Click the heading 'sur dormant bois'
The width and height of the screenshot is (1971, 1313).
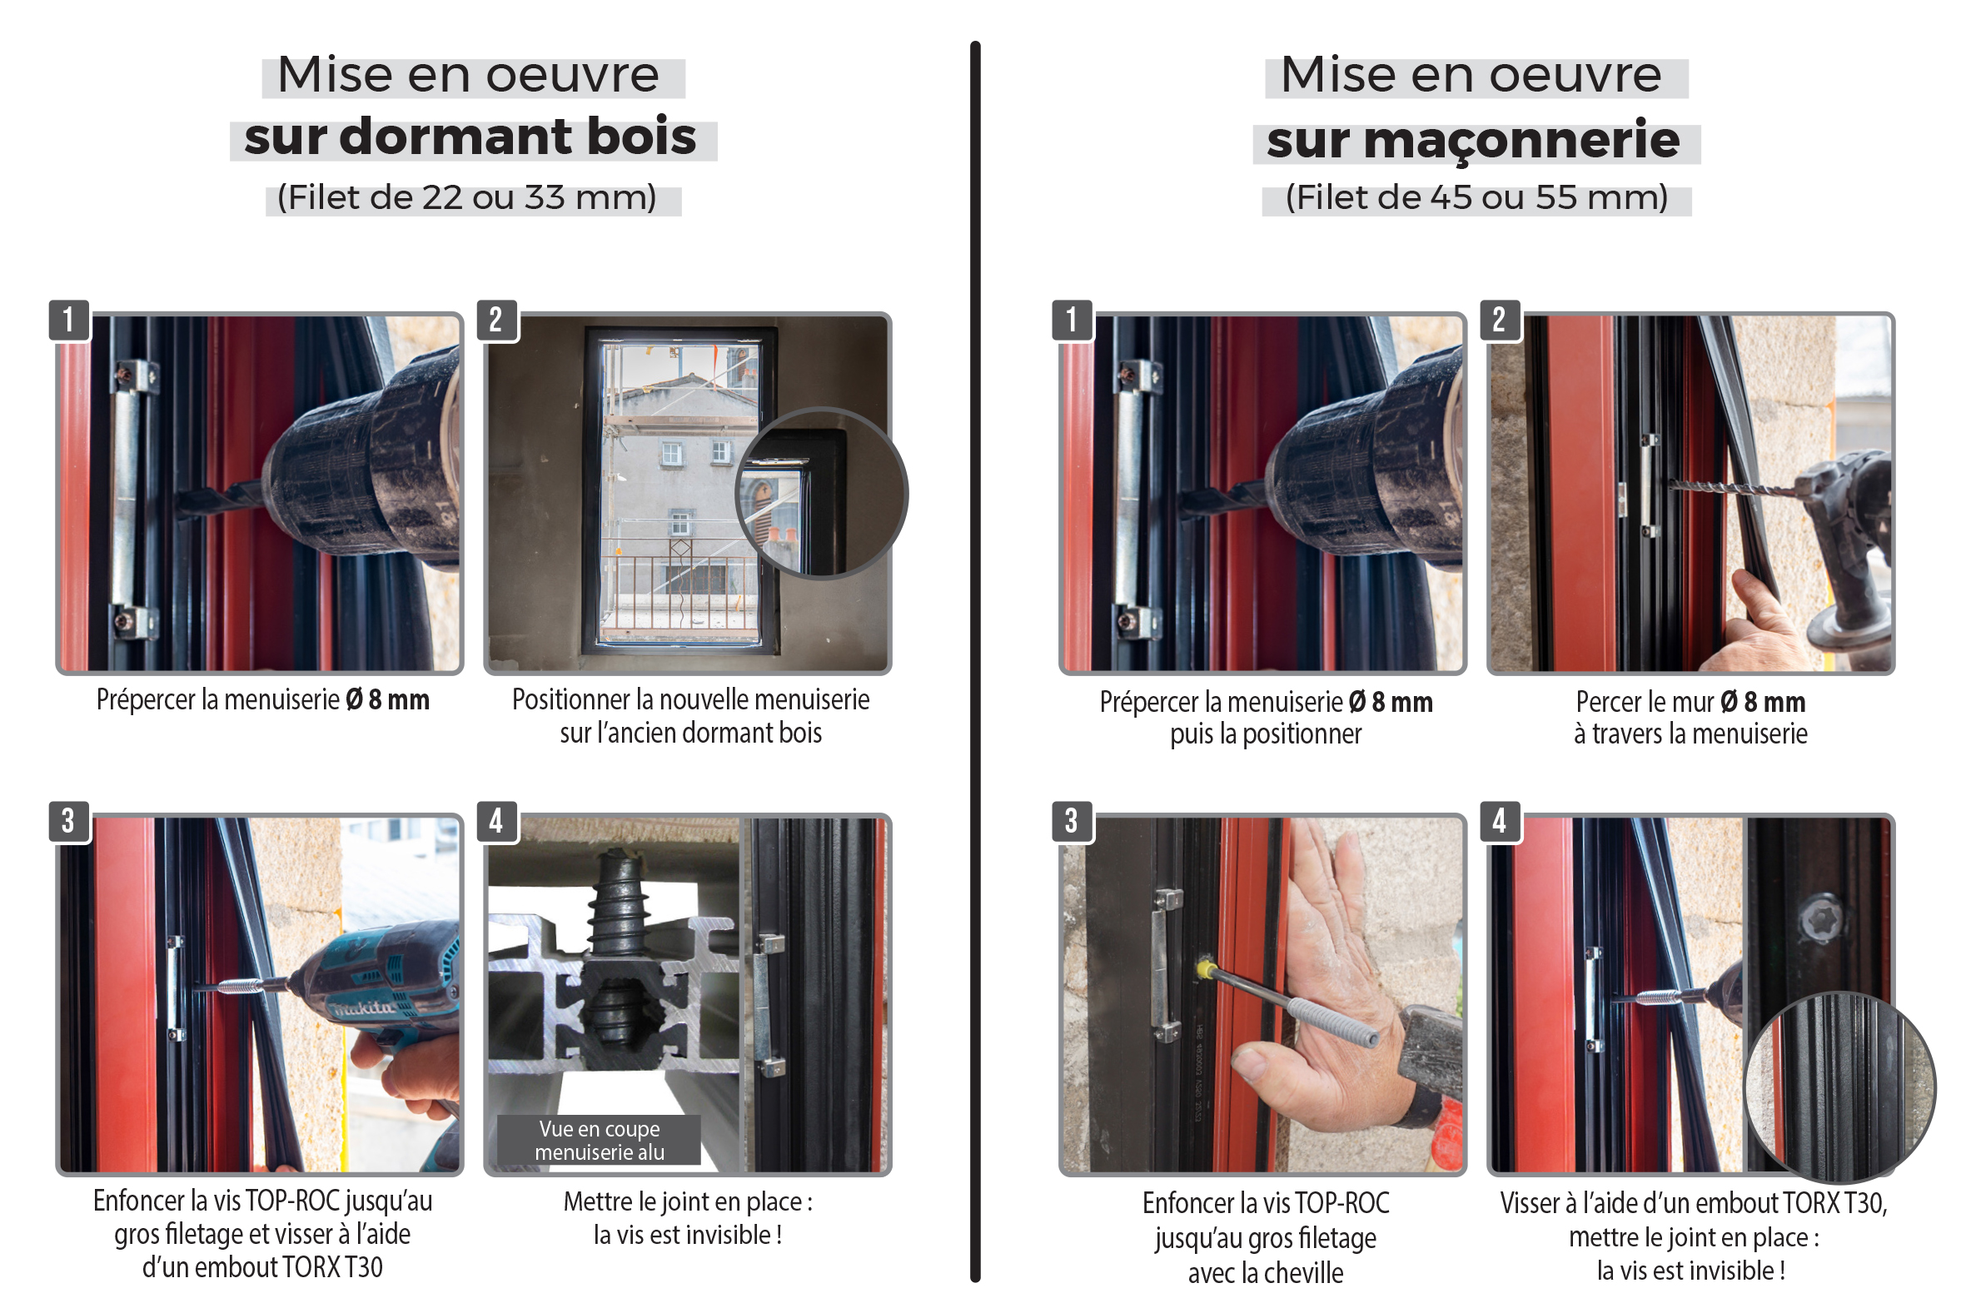pos(470,137)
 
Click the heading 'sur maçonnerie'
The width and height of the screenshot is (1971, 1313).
pos(1473,140)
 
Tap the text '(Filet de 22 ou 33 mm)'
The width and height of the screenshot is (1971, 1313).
pos(466,198)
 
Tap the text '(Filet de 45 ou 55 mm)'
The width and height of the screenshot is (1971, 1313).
pos(1476,198)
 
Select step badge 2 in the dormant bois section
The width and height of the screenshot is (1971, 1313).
pos(496,320)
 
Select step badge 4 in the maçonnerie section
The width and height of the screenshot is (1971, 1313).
pos(1500,821)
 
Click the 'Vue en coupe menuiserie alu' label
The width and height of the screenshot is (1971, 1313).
pos(600,1140)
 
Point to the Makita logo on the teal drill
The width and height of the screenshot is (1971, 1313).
pos(365,1007)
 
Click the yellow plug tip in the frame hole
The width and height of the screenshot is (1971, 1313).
pos(1205,969)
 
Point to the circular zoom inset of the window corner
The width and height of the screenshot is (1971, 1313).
pos(821,493)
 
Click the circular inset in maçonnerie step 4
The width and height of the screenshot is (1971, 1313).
pos(1839,1087)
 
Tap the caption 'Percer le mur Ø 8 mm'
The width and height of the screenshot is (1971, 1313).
pos(1690,702)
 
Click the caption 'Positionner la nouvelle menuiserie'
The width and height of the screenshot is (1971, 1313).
pos(691,699)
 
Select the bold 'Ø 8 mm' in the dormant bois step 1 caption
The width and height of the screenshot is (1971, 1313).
pos(388,699)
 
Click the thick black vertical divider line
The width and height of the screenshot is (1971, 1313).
pos(975,662)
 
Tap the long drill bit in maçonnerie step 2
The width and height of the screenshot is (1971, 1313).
pos(1733,487)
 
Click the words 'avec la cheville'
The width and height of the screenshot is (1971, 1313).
pos(1265,1273)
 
